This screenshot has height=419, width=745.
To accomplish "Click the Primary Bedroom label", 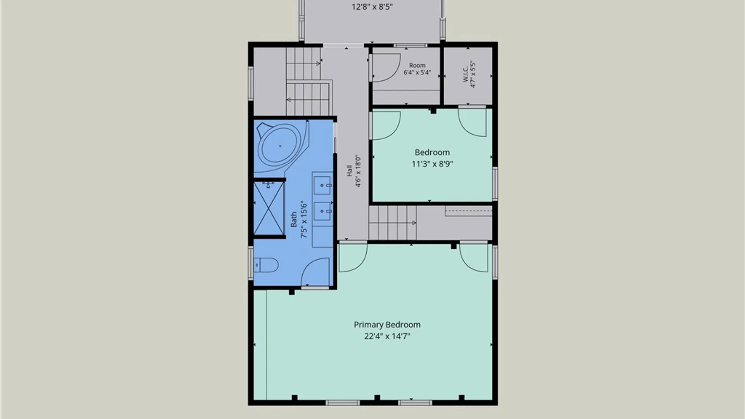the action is (x=387, y=325).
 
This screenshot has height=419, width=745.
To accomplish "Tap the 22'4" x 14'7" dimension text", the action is (x=387, y=336).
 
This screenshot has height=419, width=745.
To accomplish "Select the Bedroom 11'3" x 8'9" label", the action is (x=432, y=158).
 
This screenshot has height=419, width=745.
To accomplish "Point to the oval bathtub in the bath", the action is (x=281, y=146).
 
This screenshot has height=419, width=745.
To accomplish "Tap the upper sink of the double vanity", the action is (x=322, y=185).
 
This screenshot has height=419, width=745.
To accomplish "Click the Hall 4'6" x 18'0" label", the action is (x=354, y=171).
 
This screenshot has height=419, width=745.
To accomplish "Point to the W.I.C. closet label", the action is (x=469, y=74).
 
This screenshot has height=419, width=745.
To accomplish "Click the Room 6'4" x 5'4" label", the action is (x=417, y=69).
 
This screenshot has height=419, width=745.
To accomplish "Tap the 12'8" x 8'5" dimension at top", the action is (x=372, y=7).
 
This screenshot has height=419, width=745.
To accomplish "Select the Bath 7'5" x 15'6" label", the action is (x=299, y=220).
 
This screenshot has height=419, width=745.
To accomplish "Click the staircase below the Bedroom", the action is (x=392, y=223).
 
